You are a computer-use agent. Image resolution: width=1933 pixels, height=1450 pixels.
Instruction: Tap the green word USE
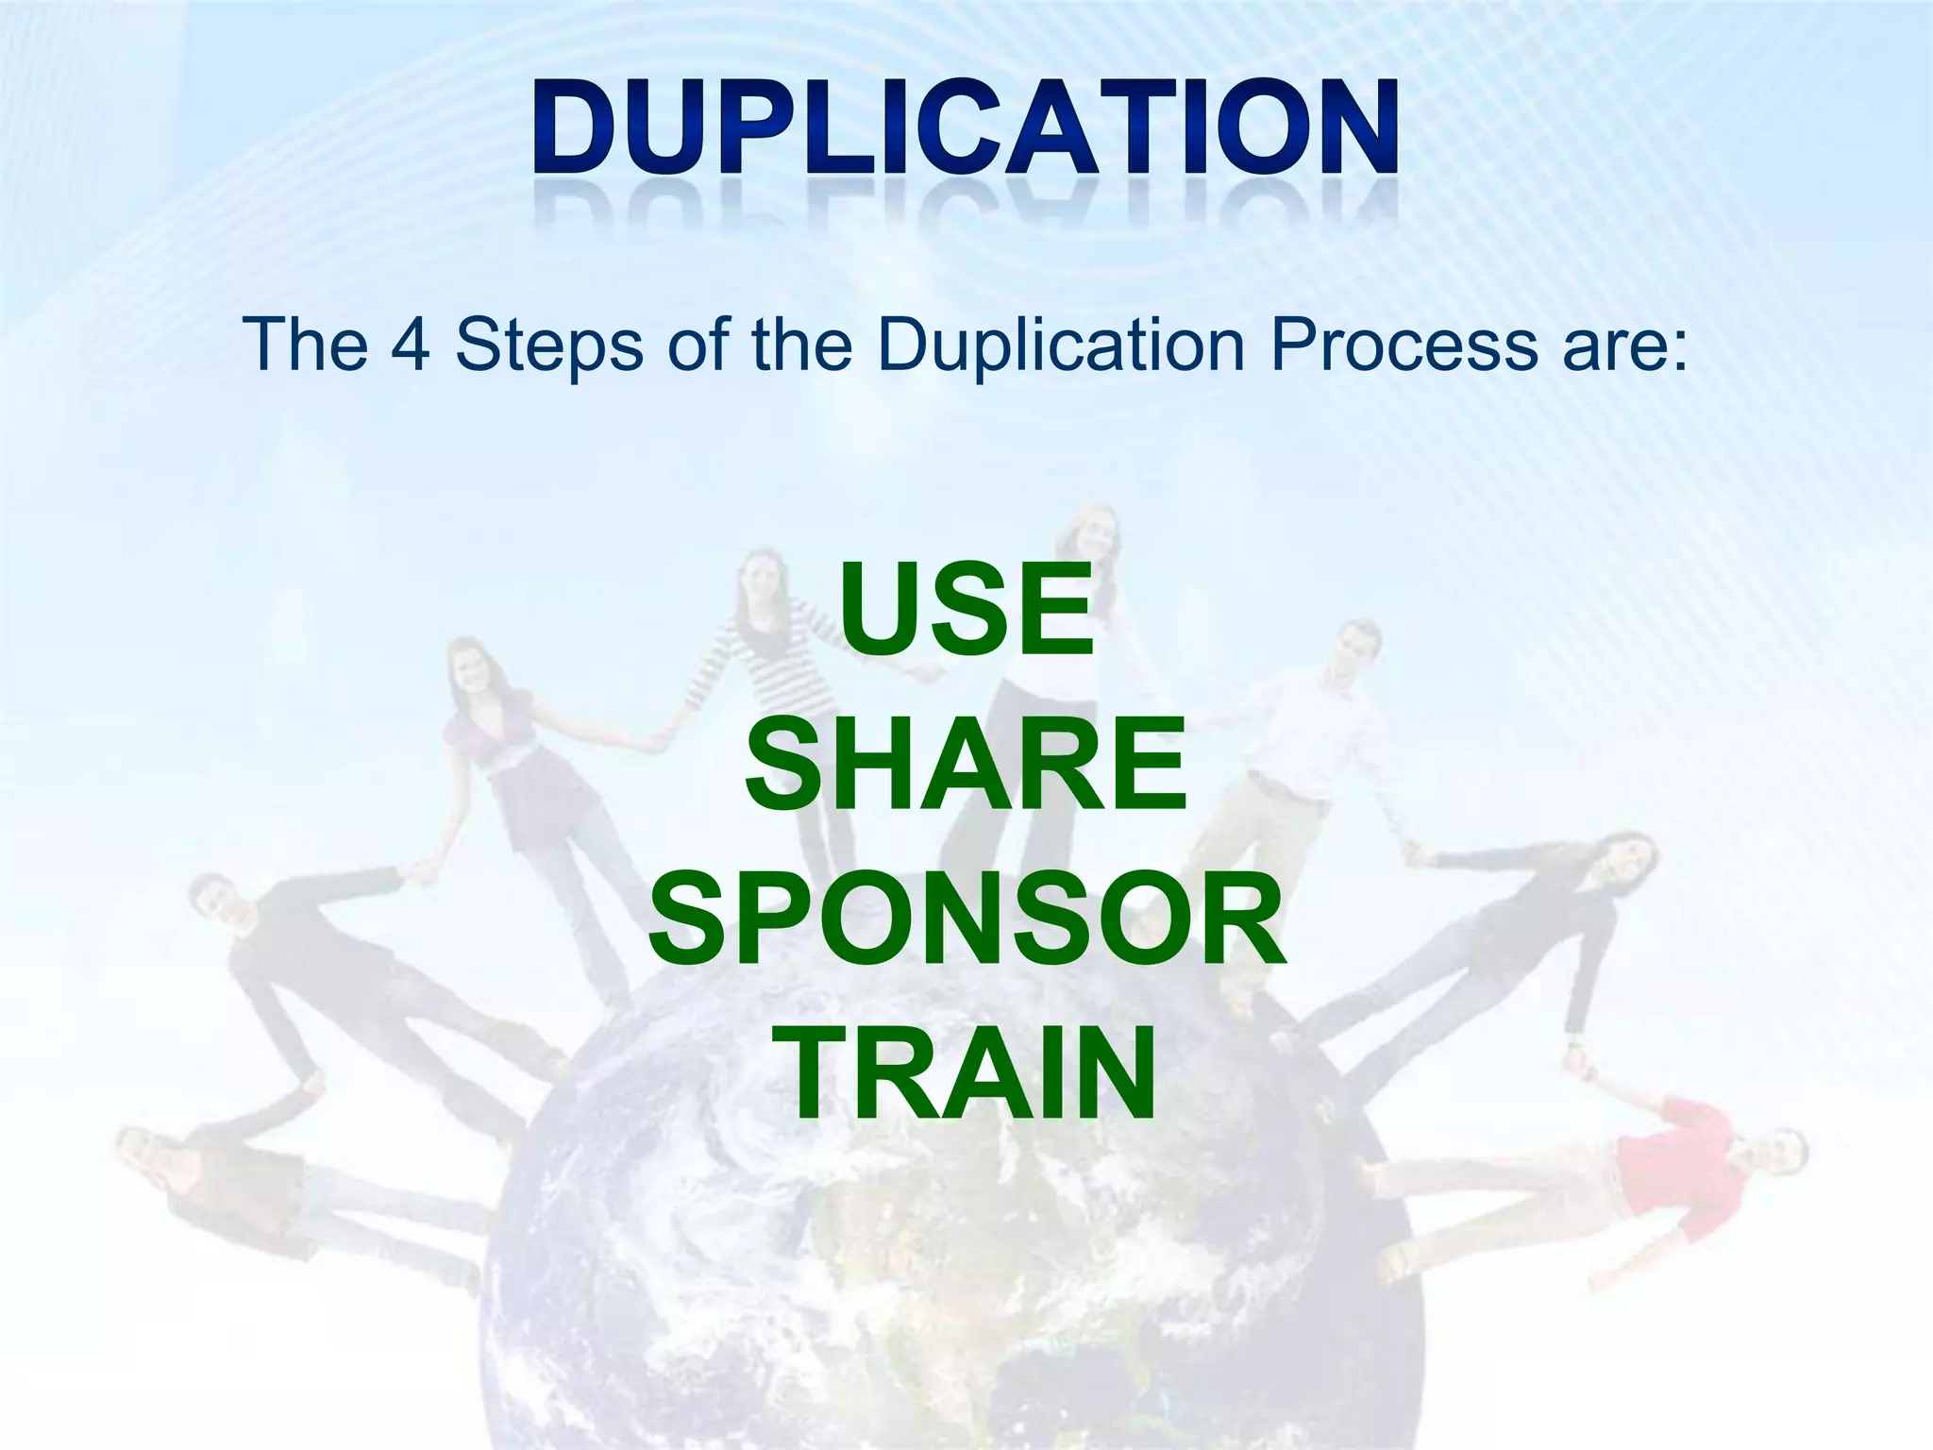point(966,609)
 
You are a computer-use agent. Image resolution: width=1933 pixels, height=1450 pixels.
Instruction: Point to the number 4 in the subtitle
point(411,344)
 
